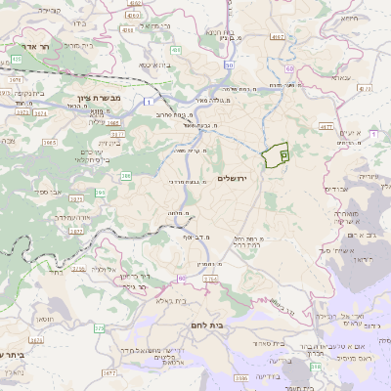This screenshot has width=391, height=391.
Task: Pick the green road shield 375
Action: pyautogui.click(x=99, y=328)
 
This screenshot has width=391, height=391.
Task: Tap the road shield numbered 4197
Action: pyautogui.click(x=278, y=37)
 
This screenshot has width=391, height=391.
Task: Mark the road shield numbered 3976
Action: pyautogui.click(x=16, y=60)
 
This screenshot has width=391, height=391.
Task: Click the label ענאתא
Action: pyautogui.click(x=341, y=75)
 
